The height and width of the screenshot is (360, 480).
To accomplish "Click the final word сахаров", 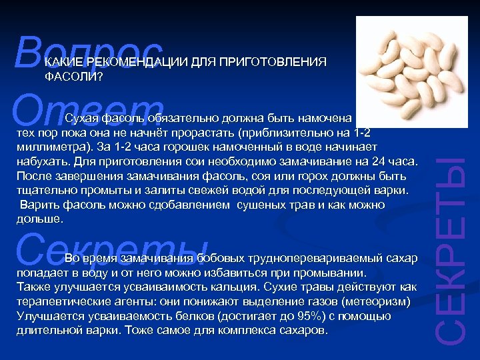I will click(303, 330).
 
